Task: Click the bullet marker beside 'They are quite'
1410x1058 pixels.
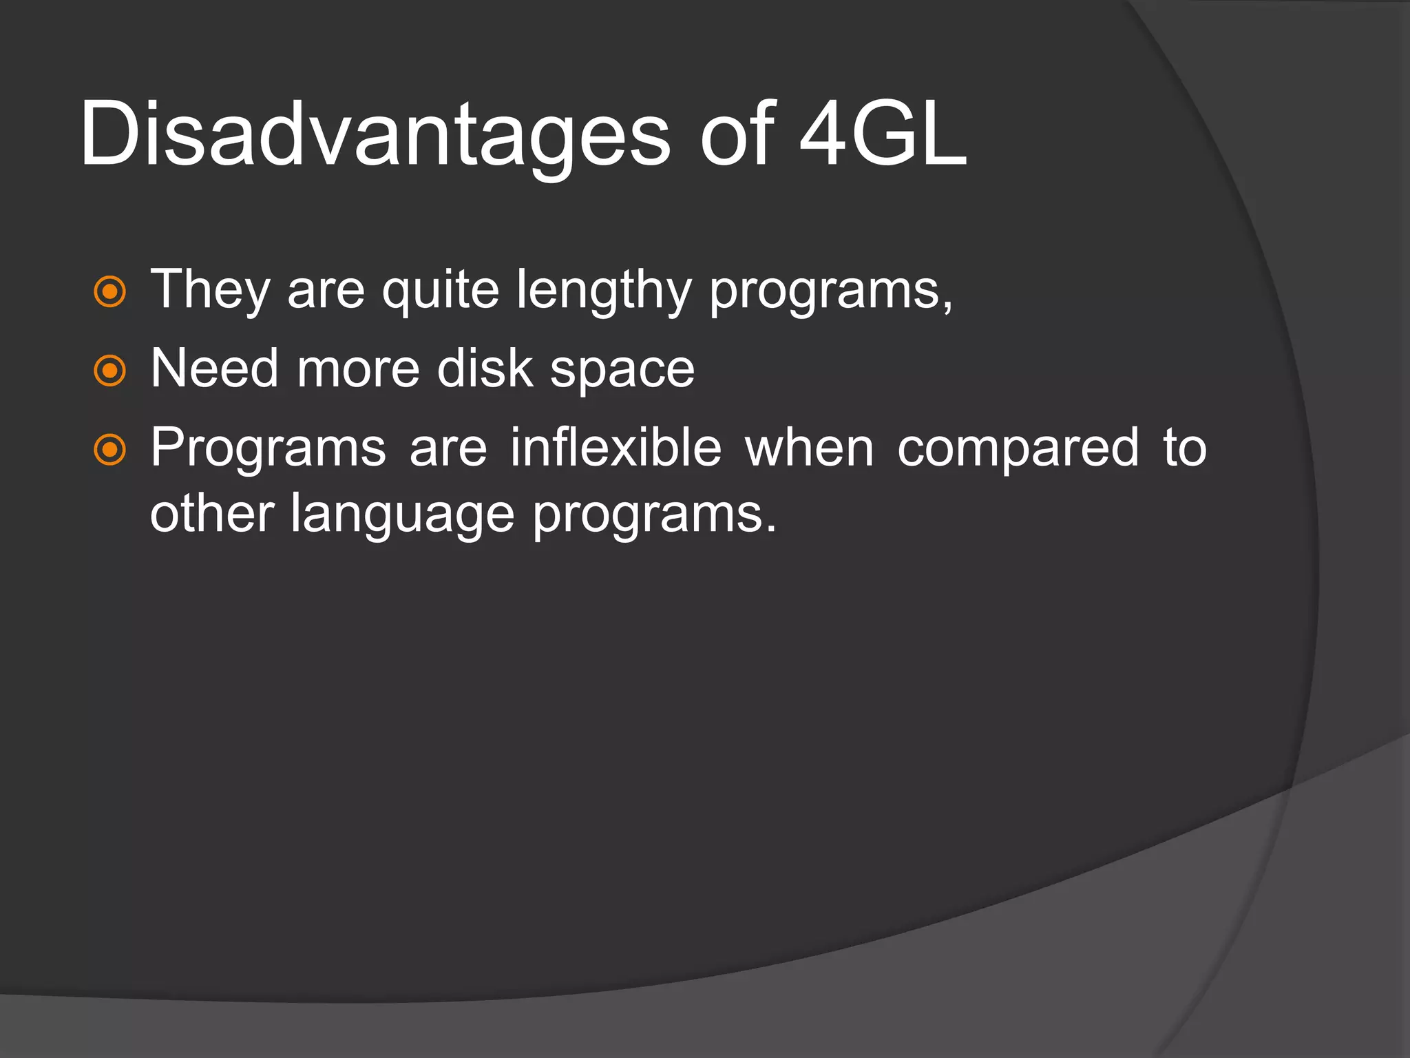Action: click(x=109, y=291)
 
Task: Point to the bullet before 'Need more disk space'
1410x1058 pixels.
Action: click(x=109, y=371)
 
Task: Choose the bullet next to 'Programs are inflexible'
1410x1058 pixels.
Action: click(x=109, y=450)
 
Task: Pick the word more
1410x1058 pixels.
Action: click(x=358, y=369)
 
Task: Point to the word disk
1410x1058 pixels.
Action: click(x=485, y=369)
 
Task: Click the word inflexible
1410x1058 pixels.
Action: click(x=615, y=448)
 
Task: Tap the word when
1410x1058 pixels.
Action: click(x=810, y=448)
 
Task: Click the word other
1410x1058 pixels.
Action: click(x=212, y=514)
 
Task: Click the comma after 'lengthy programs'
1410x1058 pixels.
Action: click(x=948, y=307)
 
